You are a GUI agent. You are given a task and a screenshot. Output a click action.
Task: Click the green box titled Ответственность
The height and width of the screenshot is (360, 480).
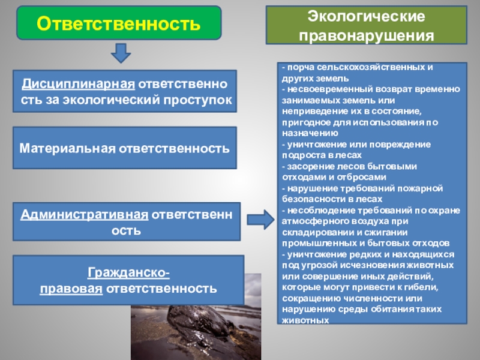[x=118, y=23]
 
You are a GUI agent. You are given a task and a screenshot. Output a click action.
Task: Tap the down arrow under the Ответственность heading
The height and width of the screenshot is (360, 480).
[x=121, y=54]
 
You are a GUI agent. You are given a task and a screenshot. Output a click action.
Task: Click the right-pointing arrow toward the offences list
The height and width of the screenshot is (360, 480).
[x=260, y=219]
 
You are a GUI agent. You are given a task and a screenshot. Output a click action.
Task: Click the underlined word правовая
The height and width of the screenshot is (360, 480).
[x=70, y=289]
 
